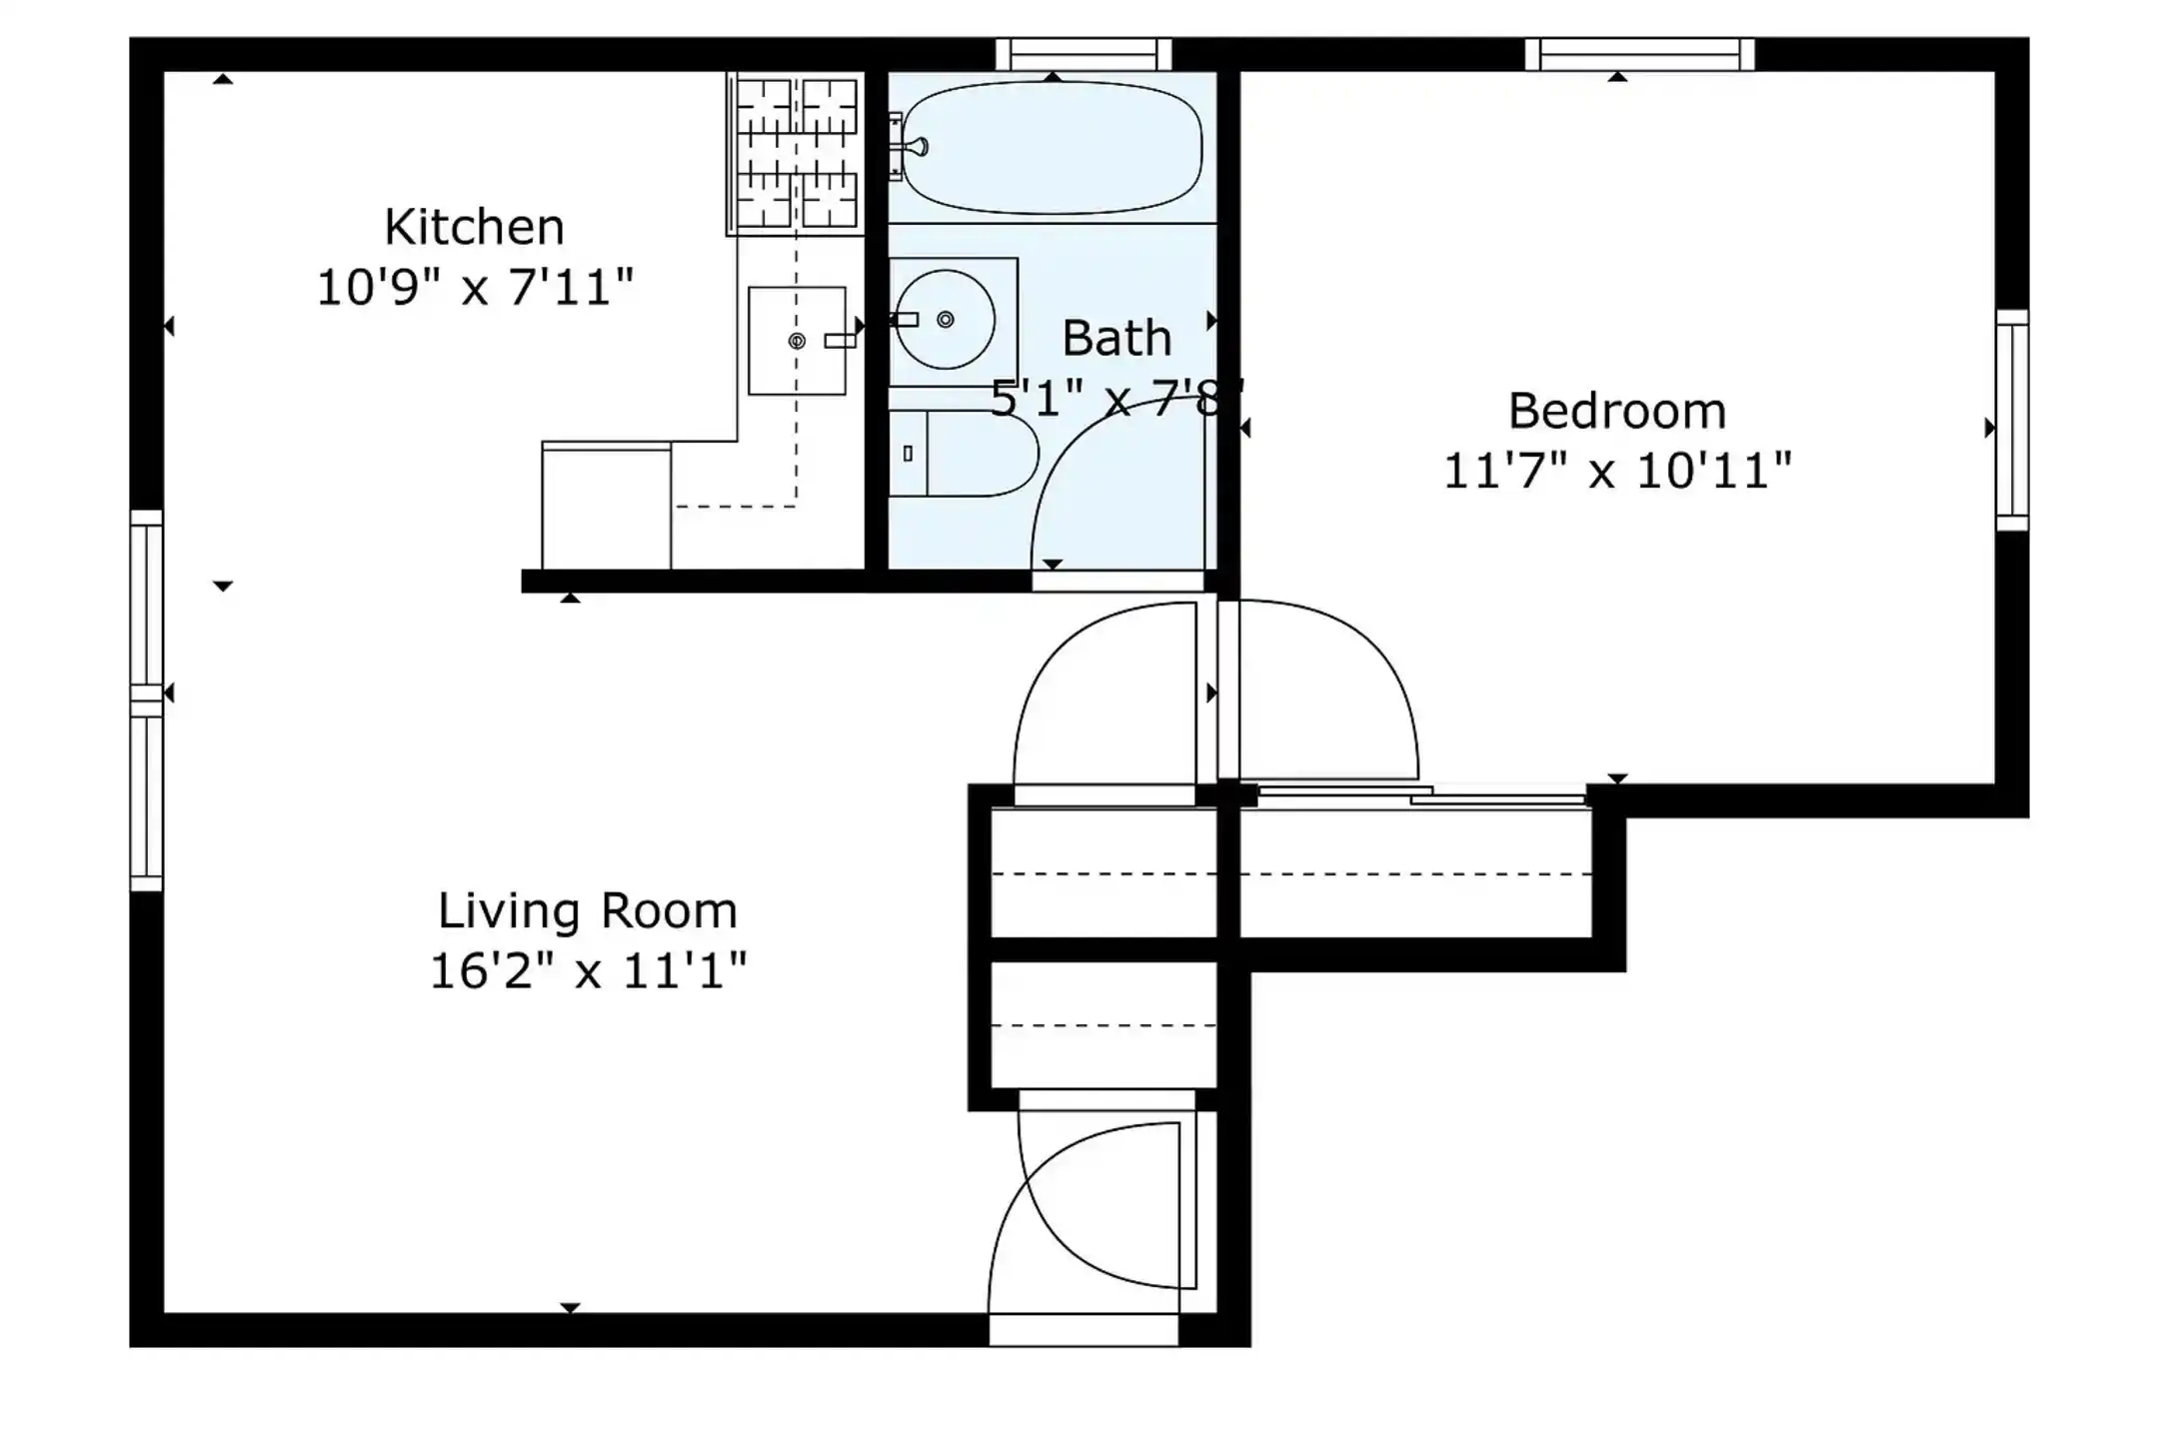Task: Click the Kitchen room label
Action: pos(474,228)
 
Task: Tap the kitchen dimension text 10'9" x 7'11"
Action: pos(475,288)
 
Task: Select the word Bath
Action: pos(1116,338)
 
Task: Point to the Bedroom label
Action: pos(1616,411)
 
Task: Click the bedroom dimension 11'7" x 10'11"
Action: pos(1617,471)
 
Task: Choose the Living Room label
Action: pos(588,910)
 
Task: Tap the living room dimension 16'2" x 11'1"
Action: pos(588,970)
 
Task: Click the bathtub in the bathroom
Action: pos(1052,148)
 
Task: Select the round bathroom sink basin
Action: pos(945,320)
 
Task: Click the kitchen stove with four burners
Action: pos(796,153)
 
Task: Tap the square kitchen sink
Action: pos(797,341)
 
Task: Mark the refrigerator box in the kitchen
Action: pos(606,506)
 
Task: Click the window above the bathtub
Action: pos(1083,54)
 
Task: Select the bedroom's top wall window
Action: pos(1639,54)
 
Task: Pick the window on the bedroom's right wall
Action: pos(2012,420)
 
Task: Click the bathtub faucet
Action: pos(909,147)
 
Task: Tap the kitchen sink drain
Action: pos(797,341)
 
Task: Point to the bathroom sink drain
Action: pos(945,320)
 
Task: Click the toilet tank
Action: pos(908,454)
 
